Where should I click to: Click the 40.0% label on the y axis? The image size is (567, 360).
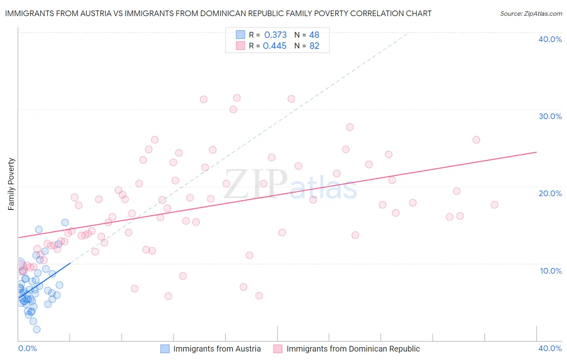[x=550, y=39]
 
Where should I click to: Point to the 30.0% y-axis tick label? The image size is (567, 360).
[x=550, y=116]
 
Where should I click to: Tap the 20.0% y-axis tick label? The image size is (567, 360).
[x=550, y=193]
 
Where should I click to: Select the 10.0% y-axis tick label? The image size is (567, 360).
[x=551, y=271]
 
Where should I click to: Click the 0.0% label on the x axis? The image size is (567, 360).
[x=27, y=348]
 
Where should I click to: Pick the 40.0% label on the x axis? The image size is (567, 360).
[x=550, y=348]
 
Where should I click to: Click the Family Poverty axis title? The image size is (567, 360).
[x=11, y=184]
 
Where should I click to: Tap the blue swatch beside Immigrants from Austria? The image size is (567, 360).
[x=165, y=349]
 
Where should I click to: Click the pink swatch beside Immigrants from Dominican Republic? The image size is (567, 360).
[x=278, y=349]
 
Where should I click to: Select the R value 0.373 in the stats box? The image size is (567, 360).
[x=275, y=35]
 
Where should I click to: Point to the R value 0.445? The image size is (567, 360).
[x=275, y=46]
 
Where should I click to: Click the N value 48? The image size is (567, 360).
[x=314, y=35]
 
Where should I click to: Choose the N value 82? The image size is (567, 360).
[x=314, y=46]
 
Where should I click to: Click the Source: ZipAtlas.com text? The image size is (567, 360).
[x=531, y=14]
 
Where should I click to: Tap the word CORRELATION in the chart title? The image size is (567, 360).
[x=376, y=14]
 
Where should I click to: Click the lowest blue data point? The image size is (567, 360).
[x=37, y=329]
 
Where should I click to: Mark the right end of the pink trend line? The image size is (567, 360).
[x=537, y=152]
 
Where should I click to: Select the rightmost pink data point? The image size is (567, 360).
[x=494, y=205]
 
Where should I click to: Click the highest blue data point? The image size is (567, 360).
[x=65, y=222]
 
